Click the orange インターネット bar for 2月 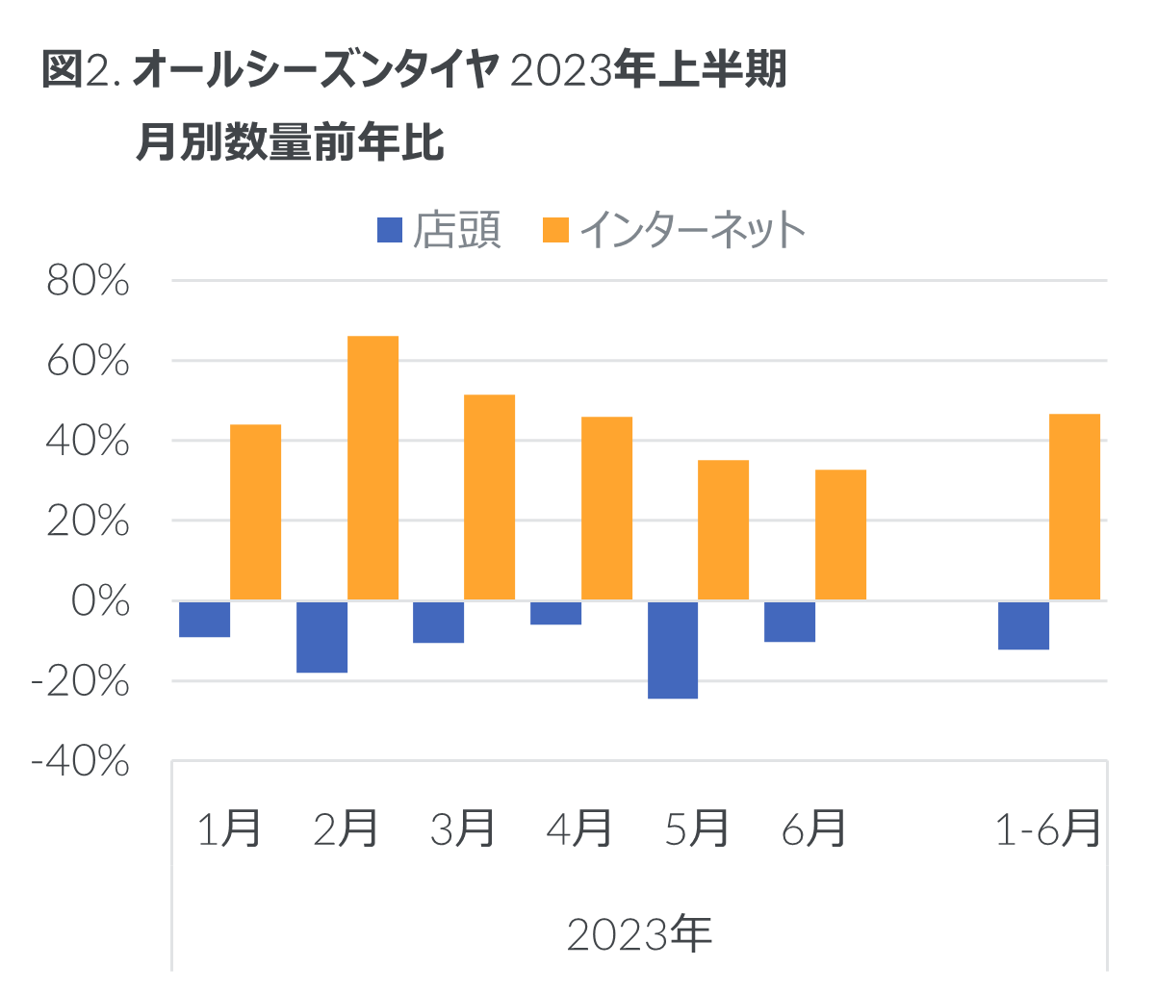[x=373, y=468]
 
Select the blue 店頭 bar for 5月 [x=673, y=650]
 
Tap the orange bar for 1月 [x=256, y=512]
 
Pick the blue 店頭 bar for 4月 [x=556, y=613]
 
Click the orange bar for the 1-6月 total [x=1074, y=507]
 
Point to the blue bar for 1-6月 [x=1023, y=625]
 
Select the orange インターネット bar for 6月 [x=840, y=535]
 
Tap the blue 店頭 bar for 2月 [x=321, y=637]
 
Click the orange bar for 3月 [x=490, y=497]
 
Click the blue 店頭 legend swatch [x=389, y=230]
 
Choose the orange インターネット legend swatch [x=556, y=230]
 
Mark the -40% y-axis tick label [x=80, y=762]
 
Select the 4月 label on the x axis [x=579, y=827]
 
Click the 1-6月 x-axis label [x=1048, y=827]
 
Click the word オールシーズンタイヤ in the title [x=314, y=72]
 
